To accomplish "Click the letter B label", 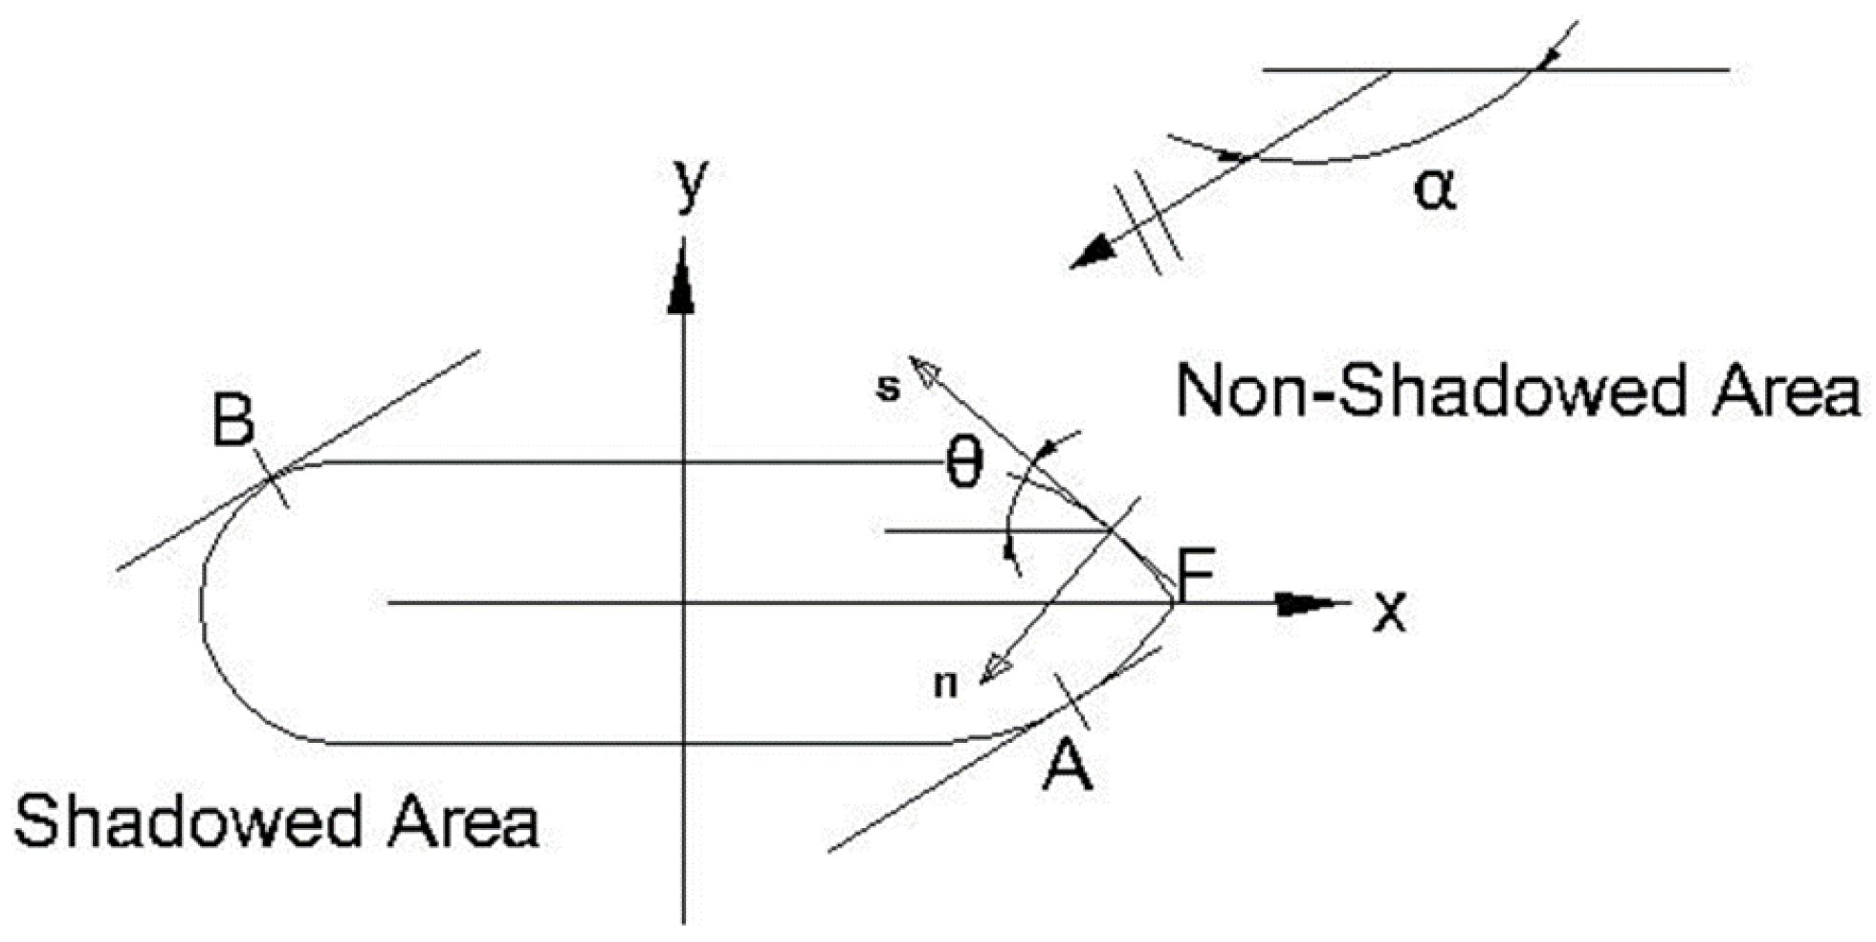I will click(233, 421).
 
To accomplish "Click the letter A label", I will click(1067, 765).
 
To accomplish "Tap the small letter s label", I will click(889, 387).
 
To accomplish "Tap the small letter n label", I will click(945, 684).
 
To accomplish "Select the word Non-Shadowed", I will click(1429, 391).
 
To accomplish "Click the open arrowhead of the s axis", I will click(925, 371).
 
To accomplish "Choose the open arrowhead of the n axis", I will click(997, 667).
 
